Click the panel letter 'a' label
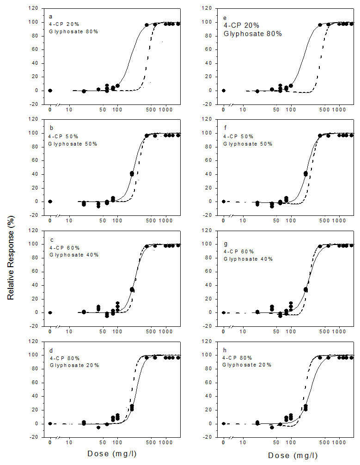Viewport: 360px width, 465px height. click(x=51, y=16)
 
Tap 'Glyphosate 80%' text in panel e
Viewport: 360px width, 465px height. click(x=253, y=34)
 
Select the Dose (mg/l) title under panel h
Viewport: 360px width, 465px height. click(x=293, y=455)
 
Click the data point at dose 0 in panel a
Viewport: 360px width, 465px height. click(x=50, y=91)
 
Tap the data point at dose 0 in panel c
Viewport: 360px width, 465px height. click(x=50, y=312)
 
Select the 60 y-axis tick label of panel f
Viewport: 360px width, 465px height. click(x=209, y=160)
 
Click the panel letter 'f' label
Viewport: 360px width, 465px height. click(x=225, y=128)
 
